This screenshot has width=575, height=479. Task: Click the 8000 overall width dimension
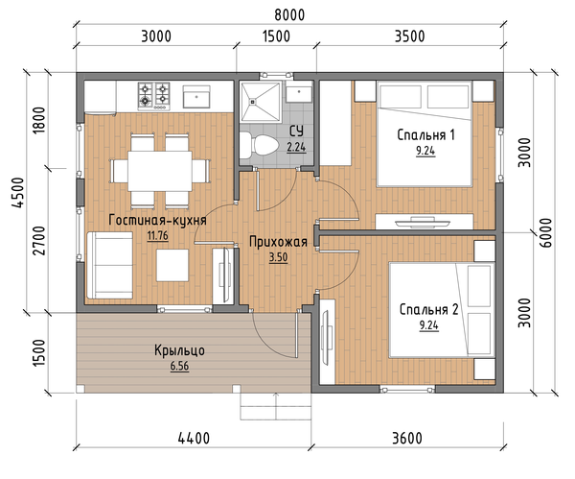(289, 15)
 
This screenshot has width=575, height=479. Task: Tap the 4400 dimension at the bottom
(194, 439)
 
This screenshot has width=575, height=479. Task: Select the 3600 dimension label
(407, 439)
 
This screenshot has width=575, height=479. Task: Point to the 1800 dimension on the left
(38, 120)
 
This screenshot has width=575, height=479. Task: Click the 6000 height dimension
(545, 233)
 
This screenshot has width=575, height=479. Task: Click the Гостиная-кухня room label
(158, 220)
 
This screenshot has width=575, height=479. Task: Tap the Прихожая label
(278, 242)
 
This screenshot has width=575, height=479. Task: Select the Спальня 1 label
(425, 135)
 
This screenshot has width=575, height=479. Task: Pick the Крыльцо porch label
(179, 350)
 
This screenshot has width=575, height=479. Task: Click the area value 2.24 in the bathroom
(296, 147)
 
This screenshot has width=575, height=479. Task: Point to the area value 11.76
(158, 235)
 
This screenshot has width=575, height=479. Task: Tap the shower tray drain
(253, 101)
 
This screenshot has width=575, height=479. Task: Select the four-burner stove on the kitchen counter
(154, 96)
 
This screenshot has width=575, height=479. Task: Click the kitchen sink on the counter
(196, 97)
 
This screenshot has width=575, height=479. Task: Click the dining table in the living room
(159, 171)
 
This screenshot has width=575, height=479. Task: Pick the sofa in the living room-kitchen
(109, 265)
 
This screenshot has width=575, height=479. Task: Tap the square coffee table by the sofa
(172, 265)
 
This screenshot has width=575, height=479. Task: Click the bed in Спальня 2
(442, 309)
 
